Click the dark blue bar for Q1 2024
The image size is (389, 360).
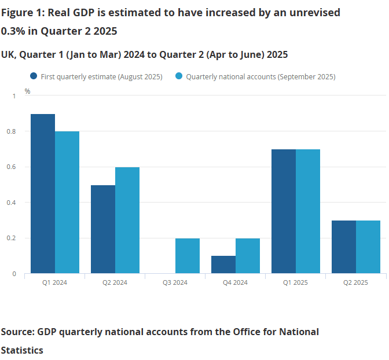click(43, 193)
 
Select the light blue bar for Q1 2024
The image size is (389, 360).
click(67, 202)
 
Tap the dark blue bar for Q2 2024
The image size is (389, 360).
click(103, 229)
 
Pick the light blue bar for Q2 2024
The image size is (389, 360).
click(127, 220)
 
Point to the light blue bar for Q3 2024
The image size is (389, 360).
click(188, 256)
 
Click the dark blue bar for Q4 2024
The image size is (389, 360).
click(223, 265)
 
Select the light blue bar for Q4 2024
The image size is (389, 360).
click(248, 256)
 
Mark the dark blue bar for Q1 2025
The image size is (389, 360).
click(284, 211)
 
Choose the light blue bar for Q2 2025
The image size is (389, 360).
click(368, 247)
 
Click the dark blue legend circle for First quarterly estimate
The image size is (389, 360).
click(34, 76)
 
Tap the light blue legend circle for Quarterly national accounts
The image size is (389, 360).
click(179, 76)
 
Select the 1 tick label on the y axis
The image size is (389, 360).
click(15, 96)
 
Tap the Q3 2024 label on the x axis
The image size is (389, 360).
click(175, 283)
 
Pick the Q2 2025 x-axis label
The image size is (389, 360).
click(356, 283)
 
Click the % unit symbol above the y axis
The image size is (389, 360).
click(27, 91)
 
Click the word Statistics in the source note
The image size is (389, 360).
click(22, 350)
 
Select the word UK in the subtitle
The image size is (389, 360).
click(8, 54)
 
